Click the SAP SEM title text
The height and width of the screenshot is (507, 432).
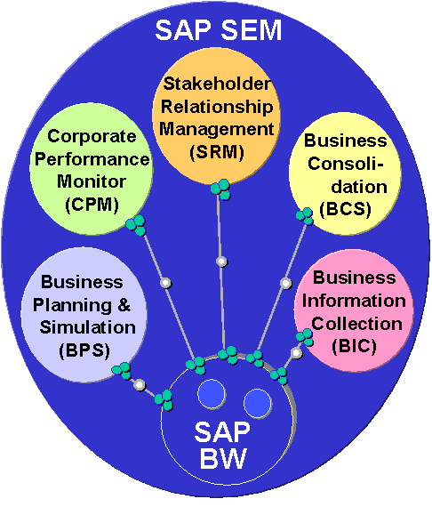pos(219,30)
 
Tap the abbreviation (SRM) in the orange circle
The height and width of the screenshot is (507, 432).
pos(217,151)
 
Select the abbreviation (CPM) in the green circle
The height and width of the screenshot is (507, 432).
pos(92,205)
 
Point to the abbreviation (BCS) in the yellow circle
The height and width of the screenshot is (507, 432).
pos(345,209)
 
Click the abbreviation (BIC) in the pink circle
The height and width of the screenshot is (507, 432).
pos(354,346)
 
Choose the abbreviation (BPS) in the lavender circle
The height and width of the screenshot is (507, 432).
pos(84,350)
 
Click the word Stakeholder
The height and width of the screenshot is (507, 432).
pos(217,84)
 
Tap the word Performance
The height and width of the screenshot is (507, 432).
pos(92,159)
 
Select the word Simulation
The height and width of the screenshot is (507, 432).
pos(88,327)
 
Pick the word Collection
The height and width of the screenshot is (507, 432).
pos(357,324)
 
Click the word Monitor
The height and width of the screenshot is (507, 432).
pos(92,181)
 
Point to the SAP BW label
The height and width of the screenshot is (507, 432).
pos(222,446)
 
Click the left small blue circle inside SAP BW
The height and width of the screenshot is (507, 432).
pos(212,394)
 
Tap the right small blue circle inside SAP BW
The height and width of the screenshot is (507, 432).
pos(258,403)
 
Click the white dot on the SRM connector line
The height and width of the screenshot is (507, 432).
pos(221,262)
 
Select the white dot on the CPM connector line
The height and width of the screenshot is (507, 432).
pos(165,283)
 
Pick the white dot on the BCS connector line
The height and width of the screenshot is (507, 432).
pos(285,283)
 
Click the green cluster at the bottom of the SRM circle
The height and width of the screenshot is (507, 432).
pos(220,189)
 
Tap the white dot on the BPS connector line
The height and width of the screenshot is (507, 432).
pos(140,385)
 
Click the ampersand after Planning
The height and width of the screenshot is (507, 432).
pos(124,305)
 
